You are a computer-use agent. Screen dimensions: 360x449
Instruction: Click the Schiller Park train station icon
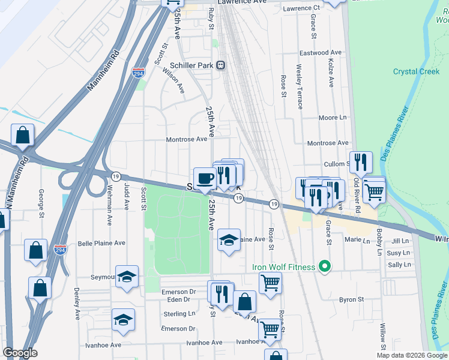[221, 65]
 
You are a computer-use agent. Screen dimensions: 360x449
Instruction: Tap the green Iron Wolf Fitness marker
[325, 266]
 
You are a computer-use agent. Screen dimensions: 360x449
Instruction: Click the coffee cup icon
[205, 178]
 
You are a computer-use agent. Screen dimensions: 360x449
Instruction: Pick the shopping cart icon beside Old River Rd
[374, 192]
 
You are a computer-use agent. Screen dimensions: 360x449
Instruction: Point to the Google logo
[20, 353]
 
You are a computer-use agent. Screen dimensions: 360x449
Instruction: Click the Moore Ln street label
[333, 118]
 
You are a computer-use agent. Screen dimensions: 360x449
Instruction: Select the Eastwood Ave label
[322, 53]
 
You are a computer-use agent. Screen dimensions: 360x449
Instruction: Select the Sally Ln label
[399, 265]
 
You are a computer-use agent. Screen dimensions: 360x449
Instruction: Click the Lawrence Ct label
[301, 8]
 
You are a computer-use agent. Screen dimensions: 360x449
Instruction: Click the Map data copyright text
[411, 355]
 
